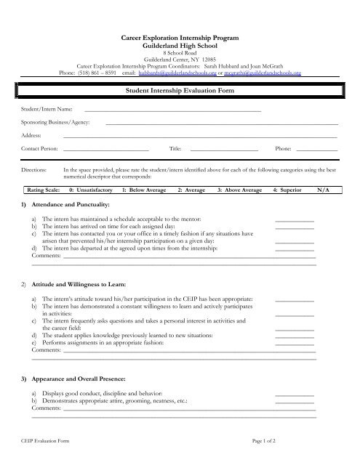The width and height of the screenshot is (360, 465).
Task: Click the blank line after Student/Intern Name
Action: click(172, 109)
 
